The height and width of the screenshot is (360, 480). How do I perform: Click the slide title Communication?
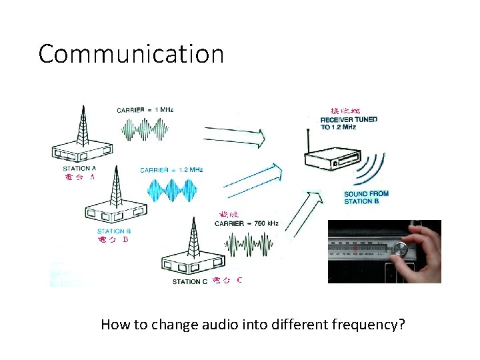click(x=131, y=54)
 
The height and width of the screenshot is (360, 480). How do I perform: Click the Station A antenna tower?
click(x=82, y=127)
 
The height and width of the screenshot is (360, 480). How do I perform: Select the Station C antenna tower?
click(x=193, y=239)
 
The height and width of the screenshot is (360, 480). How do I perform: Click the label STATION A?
click(x=80, y=169)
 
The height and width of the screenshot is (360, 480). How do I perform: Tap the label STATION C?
click(x=190, y=281)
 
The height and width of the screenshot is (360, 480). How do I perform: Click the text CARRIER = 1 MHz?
click(x=145, y=110)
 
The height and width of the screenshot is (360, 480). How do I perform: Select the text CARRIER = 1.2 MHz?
click(x=171, y=170)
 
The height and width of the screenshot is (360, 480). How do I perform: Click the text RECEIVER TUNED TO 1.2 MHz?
click(x=349, y=123)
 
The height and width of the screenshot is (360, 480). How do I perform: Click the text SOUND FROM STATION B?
click(x=366, y=197)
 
